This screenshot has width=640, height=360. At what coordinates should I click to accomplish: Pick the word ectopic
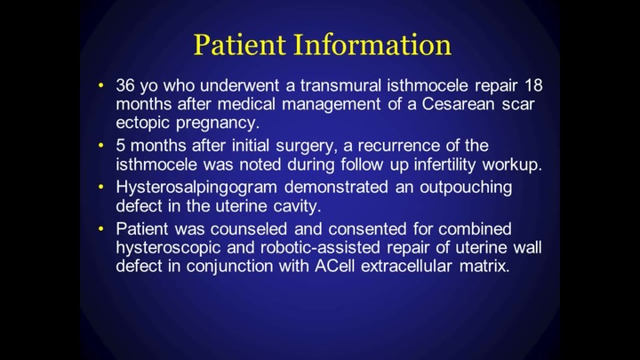tap(144, 124)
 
